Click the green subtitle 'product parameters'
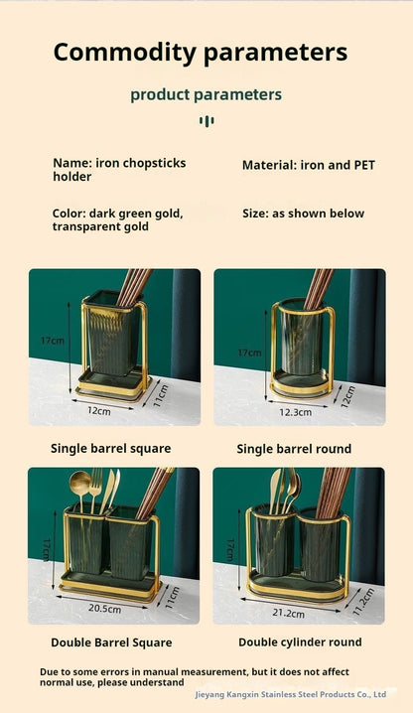(x=206, y=95)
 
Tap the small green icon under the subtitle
(x=206, y=121)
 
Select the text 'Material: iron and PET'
(x=309, y=165)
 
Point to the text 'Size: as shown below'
(x=303, y=214)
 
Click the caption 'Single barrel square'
(x=110, y=448)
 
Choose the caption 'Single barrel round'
(x=294, y=449)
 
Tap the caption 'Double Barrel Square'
(x=110, y=642)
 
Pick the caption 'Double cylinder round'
(x=299, y=642)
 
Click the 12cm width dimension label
(x=98, y=410)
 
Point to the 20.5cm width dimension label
(x=104, y=609)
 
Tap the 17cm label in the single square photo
(x=53, y=340)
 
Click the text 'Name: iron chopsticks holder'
(x=119, y=170)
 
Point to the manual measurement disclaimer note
(x=194, y=677)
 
